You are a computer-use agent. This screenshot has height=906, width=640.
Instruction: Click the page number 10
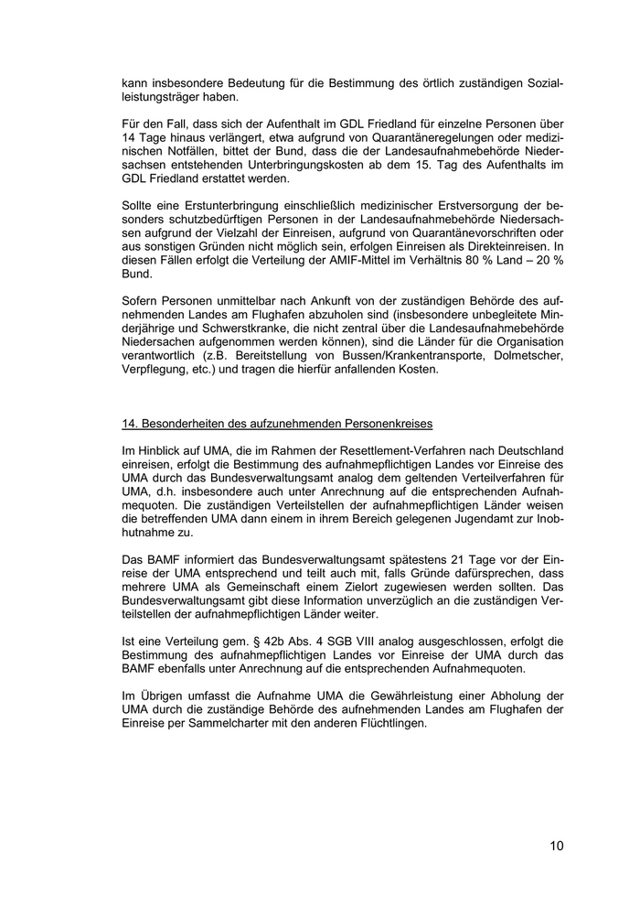[557, 846]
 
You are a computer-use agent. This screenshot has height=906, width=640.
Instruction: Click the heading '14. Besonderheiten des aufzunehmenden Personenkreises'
[277, 424]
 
